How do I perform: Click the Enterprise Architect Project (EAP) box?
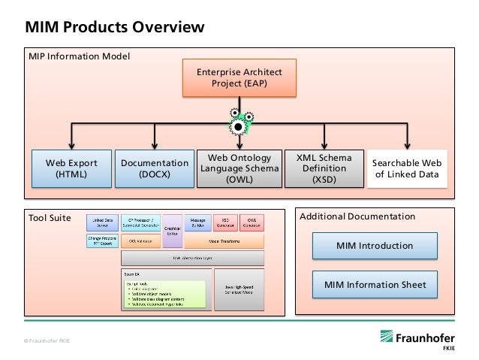coord(237,77)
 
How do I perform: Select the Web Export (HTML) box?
coord(71,169)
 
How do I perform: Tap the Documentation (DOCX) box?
coord(154,169)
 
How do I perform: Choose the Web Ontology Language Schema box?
coord(239,169)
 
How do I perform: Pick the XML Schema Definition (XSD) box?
coord(324,169)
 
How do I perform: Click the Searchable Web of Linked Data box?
coord(407,169)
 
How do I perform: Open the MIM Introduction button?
coord(374,246)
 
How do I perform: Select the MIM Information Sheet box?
coord(374,284)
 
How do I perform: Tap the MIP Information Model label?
coord(79,56)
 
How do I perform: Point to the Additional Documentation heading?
coord(357,216)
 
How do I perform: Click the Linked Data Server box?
coord(101,222)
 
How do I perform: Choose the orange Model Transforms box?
coord(224,241)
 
